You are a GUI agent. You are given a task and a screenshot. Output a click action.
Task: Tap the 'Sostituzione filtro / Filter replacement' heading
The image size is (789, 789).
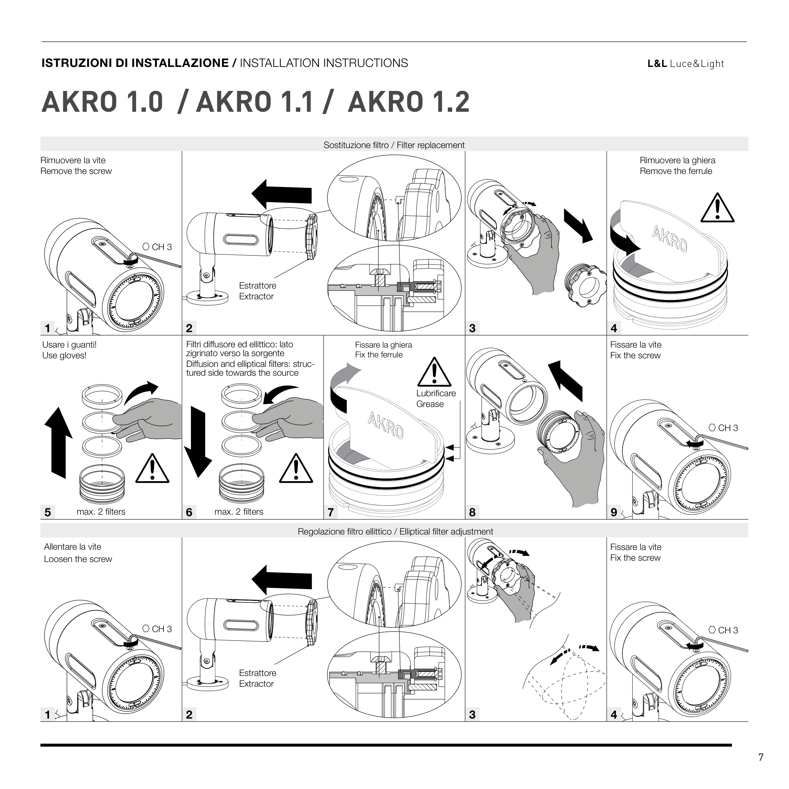point(394,145)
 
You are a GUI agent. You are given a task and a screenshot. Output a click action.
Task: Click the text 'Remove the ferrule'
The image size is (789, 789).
point(676,171)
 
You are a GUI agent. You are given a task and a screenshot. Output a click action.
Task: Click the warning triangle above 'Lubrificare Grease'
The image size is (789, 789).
point(434,372)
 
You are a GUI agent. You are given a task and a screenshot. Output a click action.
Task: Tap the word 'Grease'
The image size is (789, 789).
point(430,404)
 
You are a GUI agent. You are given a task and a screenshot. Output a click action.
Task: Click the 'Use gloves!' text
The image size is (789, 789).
point(64,355)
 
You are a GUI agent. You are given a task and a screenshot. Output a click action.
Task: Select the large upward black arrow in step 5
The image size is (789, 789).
point(58,442)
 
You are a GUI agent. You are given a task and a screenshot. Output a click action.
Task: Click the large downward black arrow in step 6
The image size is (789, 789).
point(198,442)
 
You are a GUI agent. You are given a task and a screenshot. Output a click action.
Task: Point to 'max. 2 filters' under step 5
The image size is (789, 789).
point(101,512)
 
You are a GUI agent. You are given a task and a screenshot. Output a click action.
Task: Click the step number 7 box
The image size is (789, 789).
point(331,512)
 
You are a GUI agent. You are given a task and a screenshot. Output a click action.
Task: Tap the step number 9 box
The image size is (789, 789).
point(614,512)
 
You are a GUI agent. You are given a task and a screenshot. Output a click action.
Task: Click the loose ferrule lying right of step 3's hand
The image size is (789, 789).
point(584,285)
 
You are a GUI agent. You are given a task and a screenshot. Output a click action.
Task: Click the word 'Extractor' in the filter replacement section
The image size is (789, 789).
point(256,296)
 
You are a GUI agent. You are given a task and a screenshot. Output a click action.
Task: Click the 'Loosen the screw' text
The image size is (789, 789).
point(78,559)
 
